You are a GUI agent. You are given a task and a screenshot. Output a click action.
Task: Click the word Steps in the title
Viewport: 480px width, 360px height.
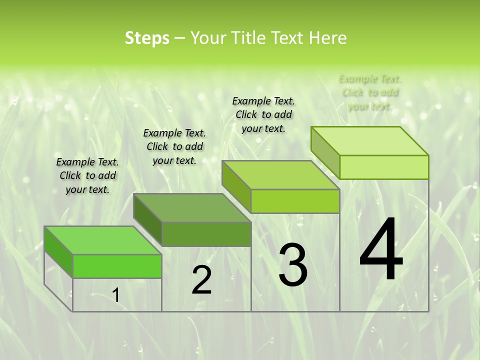147,38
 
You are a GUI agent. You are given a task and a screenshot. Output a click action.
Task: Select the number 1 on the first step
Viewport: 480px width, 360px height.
116,295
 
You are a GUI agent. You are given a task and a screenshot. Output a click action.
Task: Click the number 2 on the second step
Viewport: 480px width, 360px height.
201,280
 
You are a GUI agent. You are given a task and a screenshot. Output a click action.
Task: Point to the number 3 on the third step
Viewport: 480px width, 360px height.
292,265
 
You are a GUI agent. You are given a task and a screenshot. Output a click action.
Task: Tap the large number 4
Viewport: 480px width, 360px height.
381,250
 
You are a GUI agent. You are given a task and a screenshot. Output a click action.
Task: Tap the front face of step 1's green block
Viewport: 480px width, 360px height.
117,266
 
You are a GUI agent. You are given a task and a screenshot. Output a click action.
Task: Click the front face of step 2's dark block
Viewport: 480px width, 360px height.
206,234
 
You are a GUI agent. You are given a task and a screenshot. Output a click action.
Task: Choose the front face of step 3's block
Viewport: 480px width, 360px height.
295,201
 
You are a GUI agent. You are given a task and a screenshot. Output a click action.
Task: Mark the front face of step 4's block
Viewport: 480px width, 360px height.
384,167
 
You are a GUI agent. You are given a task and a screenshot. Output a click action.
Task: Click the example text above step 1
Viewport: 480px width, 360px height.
87,175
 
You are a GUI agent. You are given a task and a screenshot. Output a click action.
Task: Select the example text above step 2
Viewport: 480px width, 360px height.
174,146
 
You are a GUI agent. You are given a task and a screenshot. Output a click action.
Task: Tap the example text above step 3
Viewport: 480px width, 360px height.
263,114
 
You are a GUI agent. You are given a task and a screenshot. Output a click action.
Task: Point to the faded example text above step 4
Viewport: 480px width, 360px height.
370,92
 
